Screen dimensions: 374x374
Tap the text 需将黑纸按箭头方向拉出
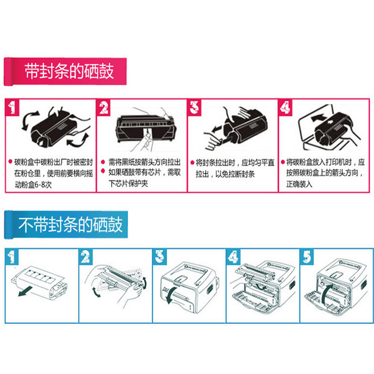tap(144, 162)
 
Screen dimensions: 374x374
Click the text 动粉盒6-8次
tap(34, 184)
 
